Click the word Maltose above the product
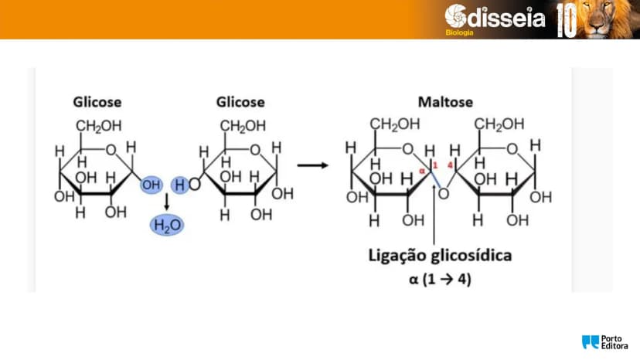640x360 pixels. pyautogui.click(x=445, y=102)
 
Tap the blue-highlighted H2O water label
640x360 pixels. pyautogui.click(x=167, y=226)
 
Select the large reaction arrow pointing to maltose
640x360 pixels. pyautogui.click(x=312, y=165)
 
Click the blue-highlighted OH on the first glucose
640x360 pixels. pyautogui.click(x=151, y=185)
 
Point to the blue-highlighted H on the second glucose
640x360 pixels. pyautogui.click(x=179, y=185)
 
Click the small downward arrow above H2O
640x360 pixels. pyautogui.click(x=166, y=202)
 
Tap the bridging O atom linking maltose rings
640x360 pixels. pyautogui.click(x=443, y=194)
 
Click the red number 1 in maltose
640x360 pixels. pyautogui.click(x=435, y=165)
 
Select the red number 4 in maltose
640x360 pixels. pyautogui.click(x=450, y=165)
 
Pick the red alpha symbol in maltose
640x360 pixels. pyautogui.click(x=422, y=171)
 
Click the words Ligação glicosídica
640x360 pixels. pyautogui.click(x=440, y=256)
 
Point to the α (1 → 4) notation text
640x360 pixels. pyautogui.click(x=440, y=280)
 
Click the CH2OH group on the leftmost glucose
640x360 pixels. pyautogui.click(x=99, y=127)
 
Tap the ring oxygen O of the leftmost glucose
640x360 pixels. pyautogui.click(x=111, y=150)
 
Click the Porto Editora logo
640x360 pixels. pyautogui.click(x=605, y=342)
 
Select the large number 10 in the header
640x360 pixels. pyautogui.click(x=567, y=20)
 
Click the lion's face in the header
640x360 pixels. pyautogui.click(x=599, y=19)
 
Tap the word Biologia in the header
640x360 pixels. pyautogui.click(x=460, y=32)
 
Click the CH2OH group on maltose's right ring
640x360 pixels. pyautogui.click(x=499, y=124)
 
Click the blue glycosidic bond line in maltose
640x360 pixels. pyautogui.click(x=435, y=180)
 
